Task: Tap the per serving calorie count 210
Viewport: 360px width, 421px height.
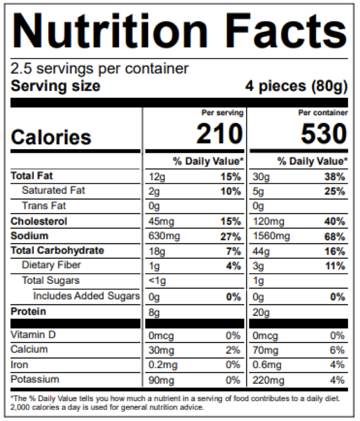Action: pos(220,135)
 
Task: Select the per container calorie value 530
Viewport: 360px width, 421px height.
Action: pos(324,135)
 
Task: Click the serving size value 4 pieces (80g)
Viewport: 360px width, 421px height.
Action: pos(296,86)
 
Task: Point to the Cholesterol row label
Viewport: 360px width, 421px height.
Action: pos(39,221)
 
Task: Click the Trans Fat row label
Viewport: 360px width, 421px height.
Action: pos(44,206)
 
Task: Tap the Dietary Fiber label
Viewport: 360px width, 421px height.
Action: pos(52,266)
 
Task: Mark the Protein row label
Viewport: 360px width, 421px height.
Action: pos(28,312)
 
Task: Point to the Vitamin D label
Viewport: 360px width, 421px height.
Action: pos(33,335)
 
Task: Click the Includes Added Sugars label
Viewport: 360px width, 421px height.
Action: pos(86,296)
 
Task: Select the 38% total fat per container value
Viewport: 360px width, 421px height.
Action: pos(334,177)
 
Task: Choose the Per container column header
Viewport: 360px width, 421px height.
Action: pos(322,113)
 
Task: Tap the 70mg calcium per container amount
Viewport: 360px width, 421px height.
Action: pos(264,350)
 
